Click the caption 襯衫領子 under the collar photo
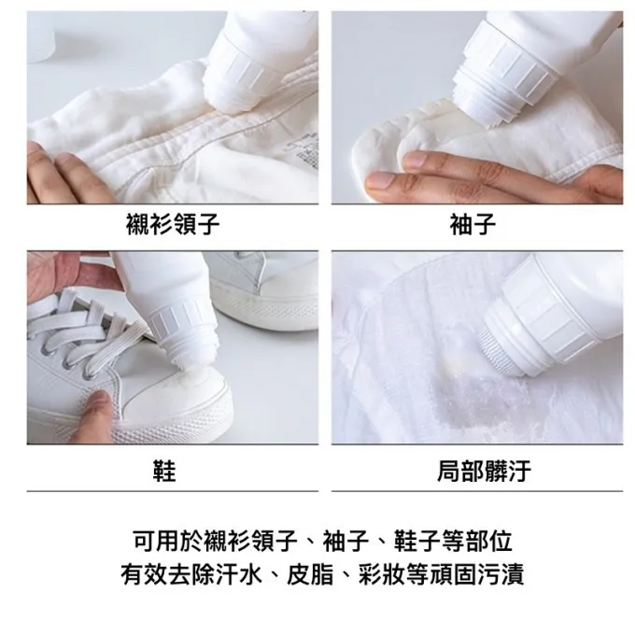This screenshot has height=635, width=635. pos(173,224)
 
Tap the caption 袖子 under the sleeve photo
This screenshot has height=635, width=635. pos(473,224)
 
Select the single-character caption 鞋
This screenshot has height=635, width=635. pos(164,471)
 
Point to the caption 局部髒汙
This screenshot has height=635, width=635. pos(484,471)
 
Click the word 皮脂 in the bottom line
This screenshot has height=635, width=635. pos(310,574)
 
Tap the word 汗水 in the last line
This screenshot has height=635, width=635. pos(238,574)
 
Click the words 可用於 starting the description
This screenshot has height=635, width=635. pos(168,541)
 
